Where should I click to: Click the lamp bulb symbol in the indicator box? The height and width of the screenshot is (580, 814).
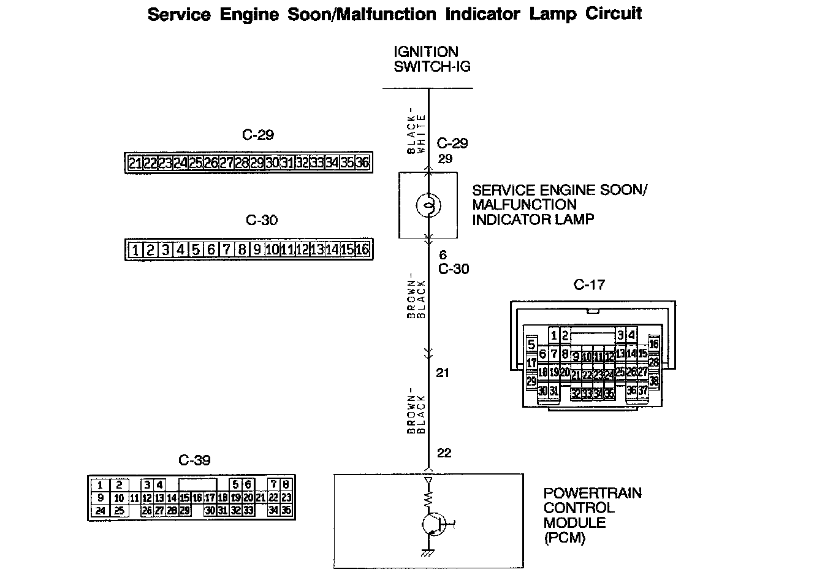tap(428, 205)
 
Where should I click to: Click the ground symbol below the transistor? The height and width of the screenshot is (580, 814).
tap(428, 554)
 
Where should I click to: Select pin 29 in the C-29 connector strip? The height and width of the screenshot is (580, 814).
tap(257, 162)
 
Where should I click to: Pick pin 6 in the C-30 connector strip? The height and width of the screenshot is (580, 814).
tap(211, 250)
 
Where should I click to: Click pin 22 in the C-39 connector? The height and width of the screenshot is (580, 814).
tap(273, 498)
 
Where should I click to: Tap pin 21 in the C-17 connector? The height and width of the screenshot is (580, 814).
tap(576, 375)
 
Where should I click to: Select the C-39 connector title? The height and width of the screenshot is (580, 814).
tap(194, 460)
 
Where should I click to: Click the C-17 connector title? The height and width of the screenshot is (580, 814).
tap(589, 284)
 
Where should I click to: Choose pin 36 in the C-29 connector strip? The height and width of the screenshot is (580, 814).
tap(362, 162)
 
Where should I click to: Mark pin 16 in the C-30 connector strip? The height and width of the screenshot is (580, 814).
tap(362, 250)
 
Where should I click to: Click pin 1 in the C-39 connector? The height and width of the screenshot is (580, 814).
tap(101, 485)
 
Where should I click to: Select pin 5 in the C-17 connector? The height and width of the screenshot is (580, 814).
tap(531, 345)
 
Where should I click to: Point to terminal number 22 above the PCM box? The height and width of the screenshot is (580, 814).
tap(444, 453)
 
